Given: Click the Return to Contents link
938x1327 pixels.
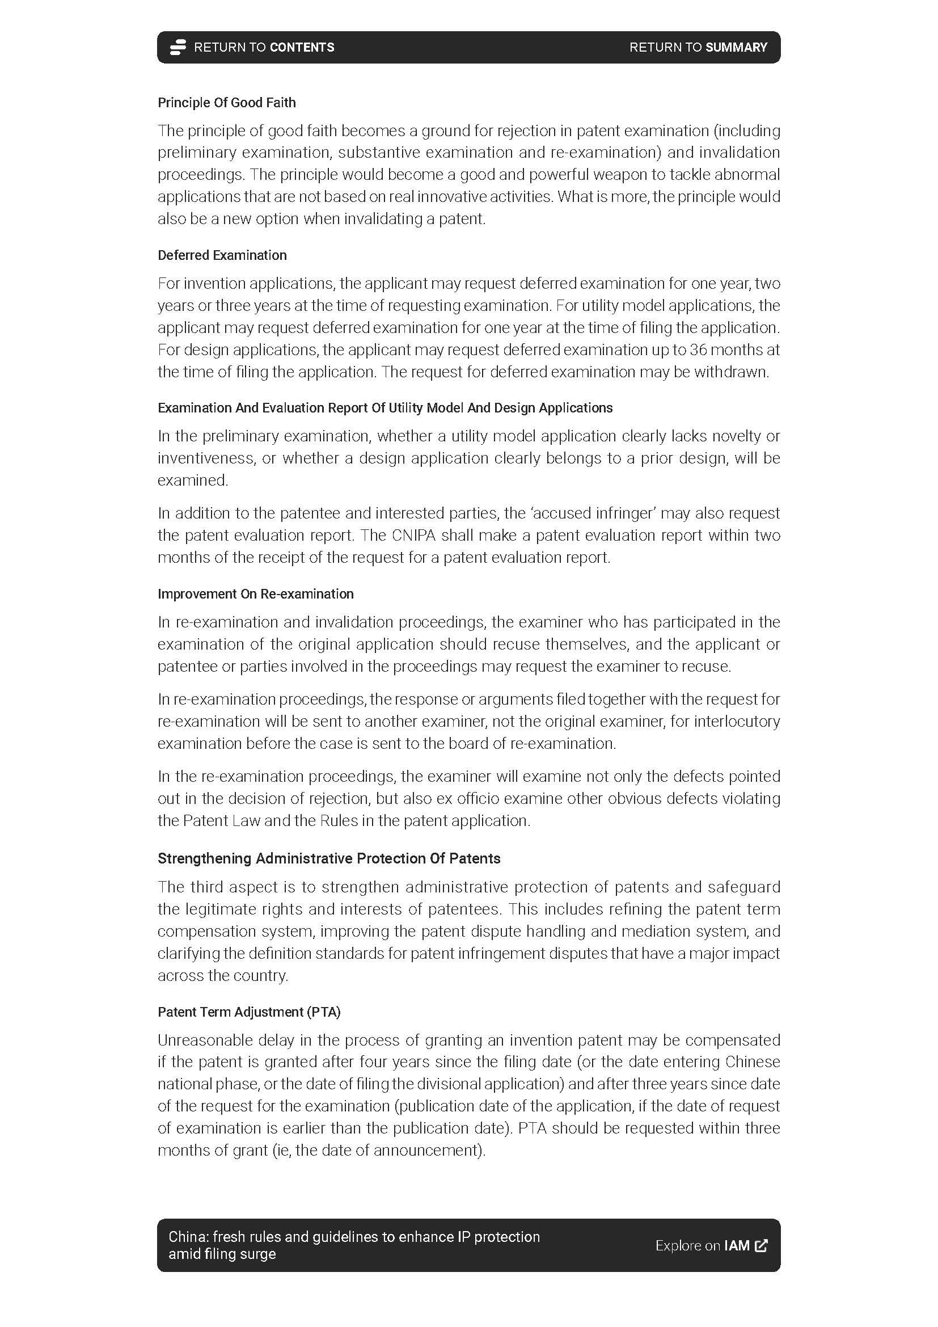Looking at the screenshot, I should coord(263,48).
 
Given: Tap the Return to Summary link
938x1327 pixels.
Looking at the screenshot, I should coord(698,48).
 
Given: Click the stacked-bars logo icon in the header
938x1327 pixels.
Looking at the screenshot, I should coord(178,48).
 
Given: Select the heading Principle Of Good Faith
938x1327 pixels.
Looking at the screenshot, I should coord(226,103).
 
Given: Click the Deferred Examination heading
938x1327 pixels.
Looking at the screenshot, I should coord(222,255).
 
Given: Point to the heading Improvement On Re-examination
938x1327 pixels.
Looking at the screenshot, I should coord(255,594).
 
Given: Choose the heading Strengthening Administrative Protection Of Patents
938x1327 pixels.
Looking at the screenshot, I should coord(329,858).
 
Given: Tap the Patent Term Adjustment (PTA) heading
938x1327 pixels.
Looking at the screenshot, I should coord(249,1012).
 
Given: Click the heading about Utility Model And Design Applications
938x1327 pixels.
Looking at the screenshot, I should coord(385,408).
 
